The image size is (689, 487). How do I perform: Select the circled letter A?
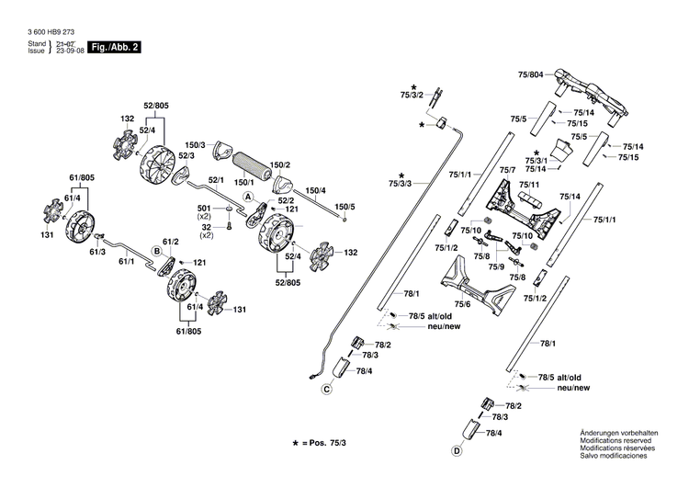point(247,197)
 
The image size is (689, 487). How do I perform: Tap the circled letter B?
point(157,251)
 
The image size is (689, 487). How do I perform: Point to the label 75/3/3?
point(401,184)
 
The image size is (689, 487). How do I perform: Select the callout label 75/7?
point(506,172)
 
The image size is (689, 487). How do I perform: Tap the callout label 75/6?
point(462,304)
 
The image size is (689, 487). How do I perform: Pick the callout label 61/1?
point(127,262)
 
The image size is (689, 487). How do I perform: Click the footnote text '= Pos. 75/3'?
point(320,444)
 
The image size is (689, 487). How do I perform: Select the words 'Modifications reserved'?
point(613,440)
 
